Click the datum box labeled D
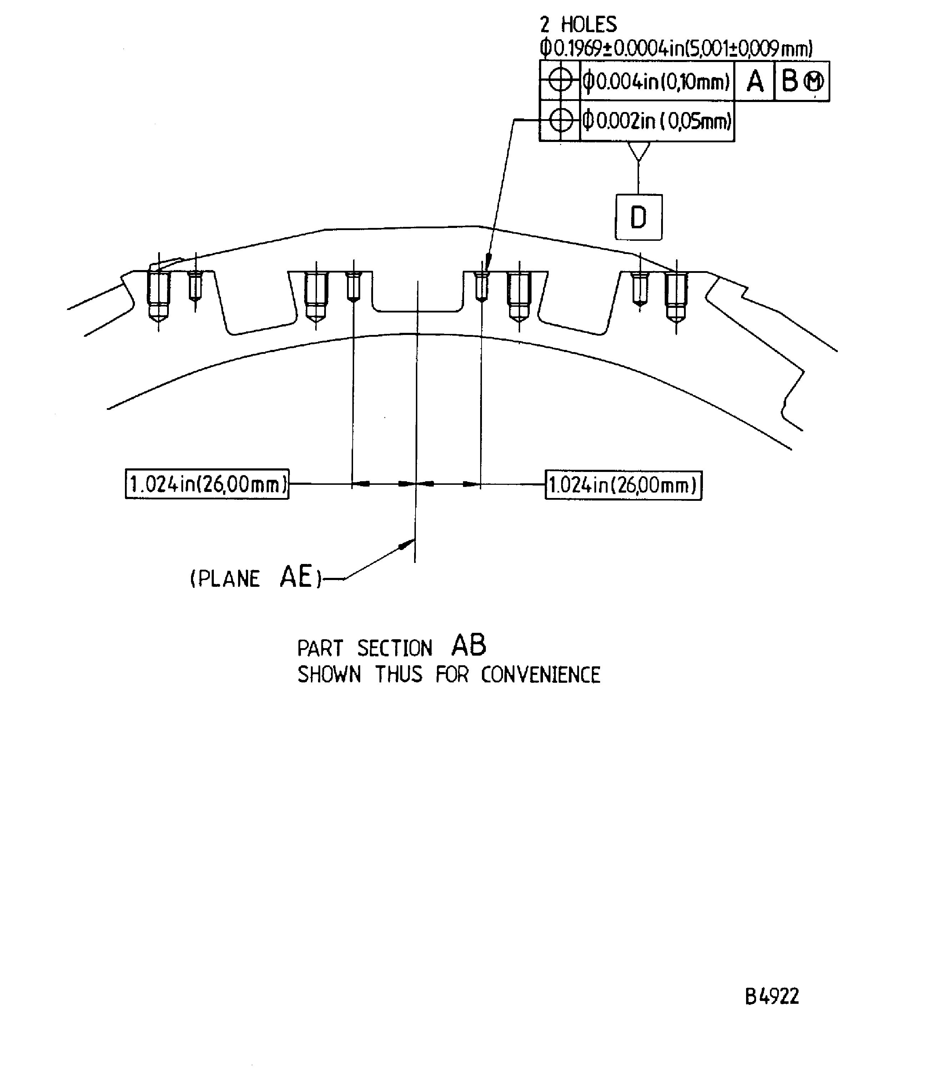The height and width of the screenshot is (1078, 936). [638, 217]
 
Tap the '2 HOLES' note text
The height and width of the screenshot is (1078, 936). [578, 25]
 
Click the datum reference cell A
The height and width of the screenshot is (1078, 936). [755, 81]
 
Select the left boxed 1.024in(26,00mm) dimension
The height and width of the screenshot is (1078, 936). [207, 484]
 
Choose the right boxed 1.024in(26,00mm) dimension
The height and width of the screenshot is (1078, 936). [624, 485]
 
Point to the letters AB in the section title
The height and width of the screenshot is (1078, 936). [468, 646]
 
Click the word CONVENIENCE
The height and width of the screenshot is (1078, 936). [540, 675]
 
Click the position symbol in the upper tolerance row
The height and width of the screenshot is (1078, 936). [560, 81]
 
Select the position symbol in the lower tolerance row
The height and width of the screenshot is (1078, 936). [560, 121]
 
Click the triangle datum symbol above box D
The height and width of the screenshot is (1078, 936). [638, 151]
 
